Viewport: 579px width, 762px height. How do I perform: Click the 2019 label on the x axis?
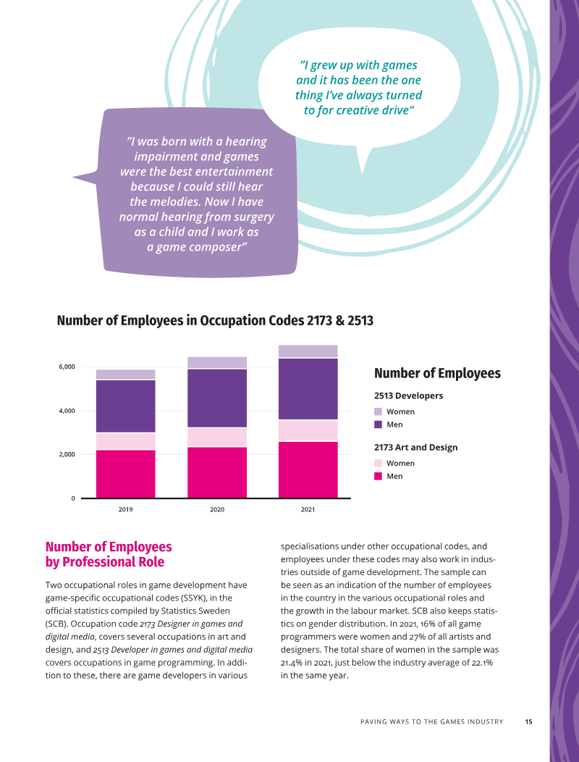point(125,509)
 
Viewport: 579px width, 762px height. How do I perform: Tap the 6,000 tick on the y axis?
point(67,367)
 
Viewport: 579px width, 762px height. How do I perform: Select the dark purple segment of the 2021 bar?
point(308,389)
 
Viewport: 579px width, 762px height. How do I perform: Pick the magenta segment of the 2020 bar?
point(217,472)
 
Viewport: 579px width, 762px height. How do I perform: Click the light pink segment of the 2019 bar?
point(126,441)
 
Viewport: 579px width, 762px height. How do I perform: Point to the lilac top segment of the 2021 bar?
point(308,351)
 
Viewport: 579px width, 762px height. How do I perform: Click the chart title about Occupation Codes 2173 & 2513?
point(215,321)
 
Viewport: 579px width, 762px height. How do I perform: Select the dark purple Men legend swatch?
point(378,424)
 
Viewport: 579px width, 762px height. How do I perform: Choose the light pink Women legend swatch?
point(378,463)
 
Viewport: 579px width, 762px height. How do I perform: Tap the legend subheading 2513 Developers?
point(408,395)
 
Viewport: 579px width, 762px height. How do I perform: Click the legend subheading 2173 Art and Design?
point(415,447)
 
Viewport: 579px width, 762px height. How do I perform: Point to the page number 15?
point(528,721)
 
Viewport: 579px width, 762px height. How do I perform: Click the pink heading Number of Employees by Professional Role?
point(109,554)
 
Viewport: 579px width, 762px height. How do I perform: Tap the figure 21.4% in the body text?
point(292,662)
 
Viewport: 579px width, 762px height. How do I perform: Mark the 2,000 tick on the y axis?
point(67,454)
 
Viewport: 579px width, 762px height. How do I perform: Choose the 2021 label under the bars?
point(308,509)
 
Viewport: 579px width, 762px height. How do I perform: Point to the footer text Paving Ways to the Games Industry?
point(432,721)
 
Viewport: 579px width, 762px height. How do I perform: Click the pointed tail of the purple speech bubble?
point(74,177)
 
